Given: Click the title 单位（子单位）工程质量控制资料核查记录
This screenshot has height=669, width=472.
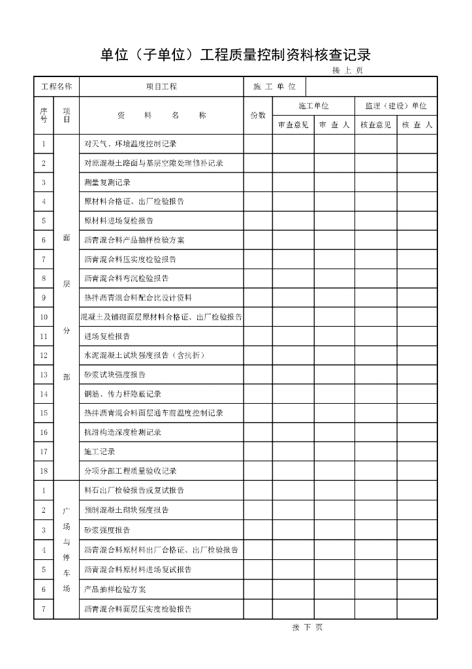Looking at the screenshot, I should [235, 54].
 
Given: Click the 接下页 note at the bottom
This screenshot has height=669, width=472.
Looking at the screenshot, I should [307, 628].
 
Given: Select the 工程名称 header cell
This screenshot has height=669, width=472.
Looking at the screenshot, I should [56, 87].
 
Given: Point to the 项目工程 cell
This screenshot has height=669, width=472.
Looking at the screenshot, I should [161, 87].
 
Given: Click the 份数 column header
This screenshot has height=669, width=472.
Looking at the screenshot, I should [258, 115].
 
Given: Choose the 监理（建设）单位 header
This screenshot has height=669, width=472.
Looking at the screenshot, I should [396, 106].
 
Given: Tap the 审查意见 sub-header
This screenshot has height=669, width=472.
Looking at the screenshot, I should [293, 125].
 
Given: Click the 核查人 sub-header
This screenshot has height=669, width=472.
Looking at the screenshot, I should [417, 125].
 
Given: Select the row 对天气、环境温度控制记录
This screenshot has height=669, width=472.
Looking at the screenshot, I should [131, 144].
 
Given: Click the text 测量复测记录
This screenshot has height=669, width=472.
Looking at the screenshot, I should [107, 182].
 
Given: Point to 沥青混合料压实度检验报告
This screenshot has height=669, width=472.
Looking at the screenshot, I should [130, 259].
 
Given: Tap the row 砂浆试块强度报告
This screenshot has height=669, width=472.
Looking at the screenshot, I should [115, 375].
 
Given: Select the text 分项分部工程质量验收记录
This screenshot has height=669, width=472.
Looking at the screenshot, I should [131, 471].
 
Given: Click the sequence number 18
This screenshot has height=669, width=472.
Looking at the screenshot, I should [44, 471].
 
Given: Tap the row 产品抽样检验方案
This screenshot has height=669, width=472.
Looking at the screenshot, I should [115, 589].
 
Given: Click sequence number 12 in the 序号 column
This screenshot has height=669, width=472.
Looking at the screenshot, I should [44, 355].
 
